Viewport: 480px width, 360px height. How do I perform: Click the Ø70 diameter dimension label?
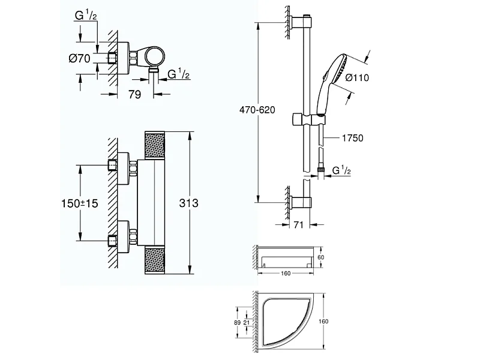80,58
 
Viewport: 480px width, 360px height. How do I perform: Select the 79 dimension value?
136,95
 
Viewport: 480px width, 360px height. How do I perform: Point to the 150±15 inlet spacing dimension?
79,203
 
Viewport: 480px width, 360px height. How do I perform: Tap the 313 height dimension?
189,203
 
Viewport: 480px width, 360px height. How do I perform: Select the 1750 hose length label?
353,138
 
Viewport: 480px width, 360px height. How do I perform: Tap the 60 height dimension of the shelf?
320,257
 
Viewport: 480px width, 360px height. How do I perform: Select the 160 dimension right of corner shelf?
325,322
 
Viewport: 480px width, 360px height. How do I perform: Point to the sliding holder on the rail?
301,118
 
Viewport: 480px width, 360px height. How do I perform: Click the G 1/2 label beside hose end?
341,172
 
